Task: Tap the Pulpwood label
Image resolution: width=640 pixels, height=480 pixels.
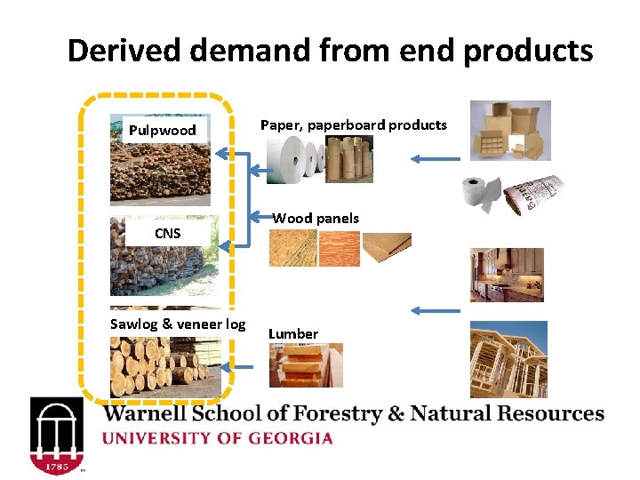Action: pos(162,131)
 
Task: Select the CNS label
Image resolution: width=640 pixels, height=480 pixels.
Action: pos(167,233)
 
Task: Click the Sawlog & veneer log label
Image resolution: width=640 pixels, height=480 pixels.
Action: pos(178,324)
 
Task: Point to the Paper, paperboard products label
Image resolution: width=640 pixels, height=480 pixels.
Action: pos(353,124)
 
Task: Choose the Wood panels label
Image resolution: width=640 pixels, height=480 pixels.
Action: pos(316,218)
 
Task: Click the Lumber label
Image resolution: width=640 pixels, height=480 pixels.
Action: pos(293,333)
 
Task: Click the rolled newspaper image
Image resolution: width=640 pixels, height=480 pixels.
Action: pos(532,197)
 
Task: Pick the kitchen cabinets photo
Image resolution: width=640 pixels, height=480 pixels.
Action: pos(506,275)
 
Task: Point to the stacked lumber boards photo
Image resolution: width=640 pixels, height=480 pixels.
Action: pos(305,365)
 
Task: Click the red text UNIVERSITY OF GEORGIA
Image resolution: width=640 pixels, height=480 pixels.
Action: pos(218,438)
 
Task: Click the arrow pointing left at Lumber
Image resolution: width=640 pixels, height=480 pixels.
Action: pos(436,311)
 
